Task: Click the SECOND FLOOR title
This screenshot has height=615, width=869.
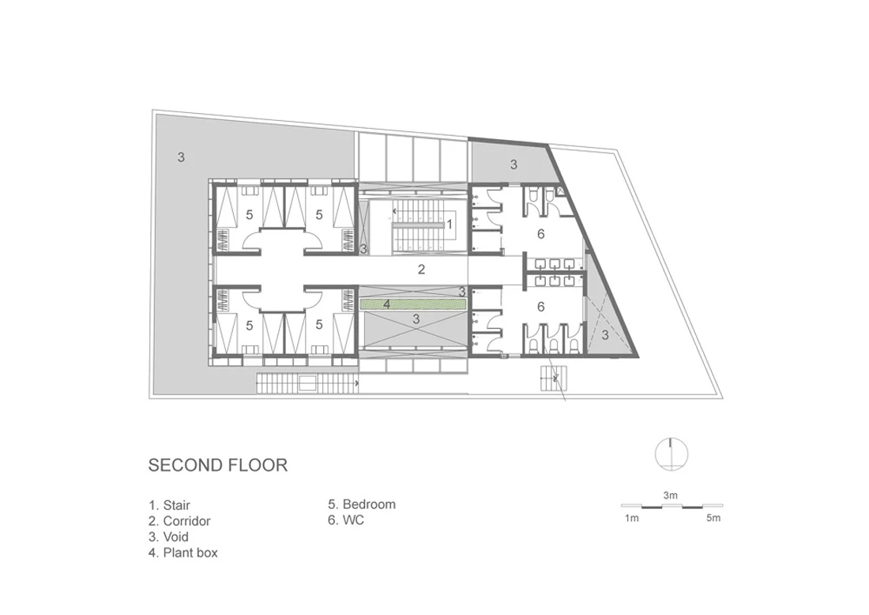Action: pos(218,465)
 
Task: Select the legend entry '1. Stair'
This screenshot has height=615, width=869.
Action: pos(170,505)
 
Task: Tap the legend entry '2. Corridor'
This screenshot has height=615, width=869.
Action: pos(179,521)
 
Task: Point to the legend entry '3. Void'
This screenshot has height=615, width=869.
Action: pos(168,537)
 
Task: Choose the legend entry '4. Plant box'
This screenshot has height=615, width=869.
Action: pos(183,553)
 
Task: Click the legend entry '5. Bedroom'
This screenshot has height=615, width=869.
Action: pos(362,504)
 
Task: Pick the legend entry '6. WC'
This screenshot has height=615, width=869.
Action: pos(346,520)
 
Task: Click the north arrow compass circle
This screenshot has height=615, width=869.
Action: pos(671,455)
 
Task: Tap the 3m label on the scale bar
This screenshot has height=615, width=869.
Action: pos(671,495)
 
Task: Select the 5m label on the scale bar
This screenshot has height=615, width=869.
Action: pos(713,518)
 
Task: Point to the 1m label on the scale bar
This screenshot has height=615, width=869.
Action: pos(632,518)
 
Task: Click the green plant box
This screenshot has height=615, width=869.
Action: pos(413,304)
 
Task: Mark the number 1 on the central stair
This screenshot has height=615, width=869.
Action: pos(450,224)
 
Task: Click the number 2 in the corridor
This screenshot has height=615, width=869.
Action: pos(421,270)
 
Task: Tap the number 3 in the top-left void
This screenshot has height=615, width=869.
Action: pos(181,157)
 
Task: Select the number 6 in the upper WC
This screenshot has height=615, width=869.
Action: pos(541,234)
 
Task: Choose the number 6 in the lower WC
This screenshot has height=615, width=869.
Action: pos(541,307)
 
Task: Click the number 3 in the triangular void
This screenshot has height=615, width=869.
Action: pos(605,335)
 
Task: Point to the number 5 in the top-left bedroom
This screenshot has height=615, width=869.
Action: pos(250,214)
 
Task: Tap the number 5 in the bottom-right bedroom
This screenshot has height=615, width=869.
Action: pos(318,324)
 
